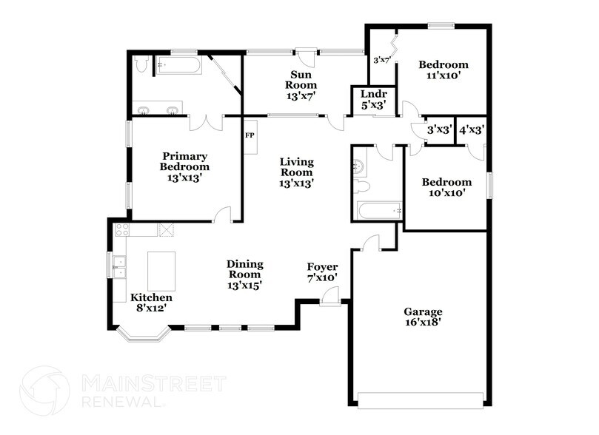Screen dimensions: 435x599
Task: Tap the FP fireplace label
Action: click(250, 136)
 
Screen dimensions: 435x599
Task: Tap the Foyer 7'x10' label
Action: click(323, 272)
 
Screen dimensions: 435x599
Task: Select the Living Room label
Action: click(296, 172)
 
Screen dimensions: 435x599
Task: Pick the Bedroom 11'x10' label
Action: click(444, 70)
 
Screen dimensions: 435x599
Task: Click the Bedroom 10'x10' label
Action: click(446, 187)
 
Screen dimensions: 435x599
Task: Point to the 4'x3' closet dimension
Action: click(472, 129)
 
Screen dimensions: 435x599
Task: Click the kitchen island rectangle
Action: click(163, 271)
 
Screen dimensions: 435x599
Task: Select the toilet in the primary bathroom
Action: click(142, 66)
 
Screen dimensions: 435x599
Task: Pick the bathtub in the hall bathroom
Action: click(378, 211)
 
